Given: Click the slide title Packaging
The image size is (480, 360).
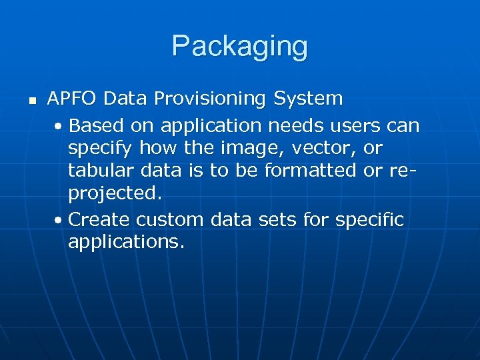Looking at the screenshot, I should click(x=239, y=47).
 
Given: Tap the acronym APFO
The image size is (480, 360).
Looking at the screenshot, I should click(x=73, y=99).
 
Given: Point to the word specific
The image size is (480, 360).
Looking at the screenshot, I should click(x=369, y=219).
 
